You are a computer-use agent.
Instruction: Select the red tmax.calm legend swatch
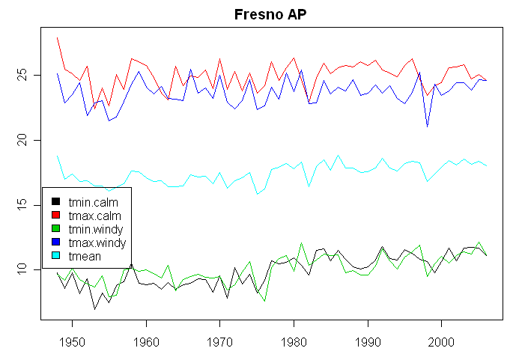55,216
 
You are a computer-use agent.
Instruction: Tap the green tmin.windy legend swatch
55,229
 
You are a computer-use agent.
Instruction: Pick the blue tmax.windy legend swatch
55,243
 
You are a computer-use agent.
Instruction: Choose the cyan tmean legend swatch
55,257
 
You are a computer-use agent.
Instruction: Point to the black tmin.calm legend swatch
55,202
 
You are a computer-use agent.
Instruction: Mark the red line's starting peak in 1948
58,37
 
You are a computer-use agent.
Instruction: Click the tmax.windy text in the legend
96,243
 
